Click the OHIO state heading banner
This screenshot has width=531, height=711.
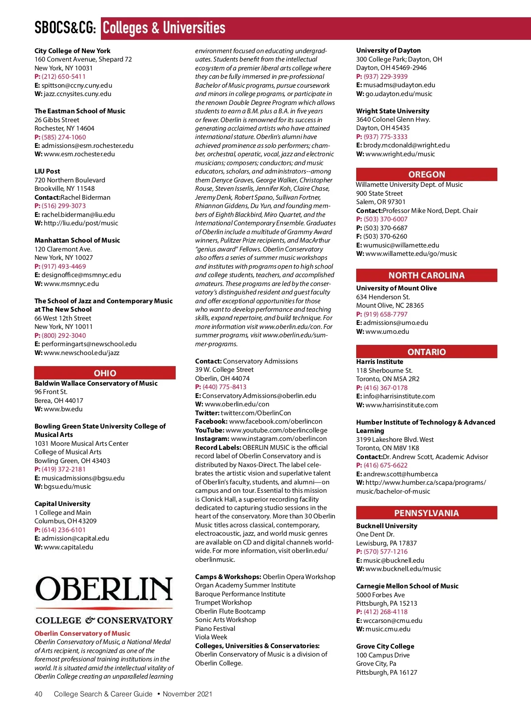click(105, 373)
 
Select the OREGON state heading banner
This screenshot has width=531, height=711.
click(427, 174)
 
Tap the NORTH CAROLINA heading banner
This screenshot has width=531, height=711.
click(427, 275)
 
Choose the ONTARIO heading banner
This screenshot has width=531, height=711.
click(427, 352)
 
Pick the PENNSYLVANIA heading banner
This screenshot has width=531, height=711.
click(427, 513)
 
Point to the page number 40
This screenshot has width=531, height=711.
click(38, 694)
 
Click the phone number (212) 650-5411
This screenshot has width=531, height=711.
click(64, 77)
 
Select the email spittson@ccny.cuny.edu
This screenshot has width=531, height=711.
click(77, 85)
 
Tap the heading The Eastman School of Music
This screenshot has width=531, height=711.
click(80, 111)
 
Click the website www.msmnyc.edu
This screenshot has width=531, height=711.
click(71, 284)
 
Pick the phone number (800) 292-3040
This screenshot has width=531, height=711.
click(64, 336)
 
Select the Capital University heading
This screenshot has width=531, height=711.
click(62, 504)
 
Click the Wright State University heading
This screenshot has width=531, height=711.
click(392, 111)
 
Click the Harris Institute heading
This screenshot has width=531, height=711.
click(380, 362)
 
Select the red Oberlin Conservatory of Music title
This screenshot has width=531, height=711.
click(82, 634)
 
